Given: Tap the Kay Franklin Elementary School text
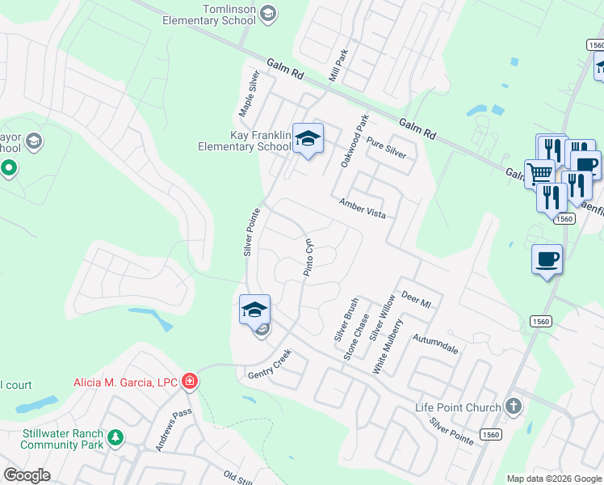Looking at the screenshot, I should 244,141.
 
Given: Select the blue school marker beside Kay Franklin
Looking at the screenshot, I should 308,139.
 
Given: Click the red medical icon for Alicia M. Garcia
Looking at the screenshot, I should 190,382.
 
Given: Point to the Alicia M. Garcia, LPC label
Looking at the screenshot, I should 126,382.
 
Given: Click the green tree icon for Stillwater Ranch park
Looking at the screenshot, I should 116,437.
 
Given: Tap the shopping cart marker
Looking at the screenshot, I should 539,172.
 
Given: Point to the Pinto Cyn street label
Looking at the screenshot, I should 308,258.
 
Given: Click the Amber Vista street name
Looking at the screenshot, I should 363,209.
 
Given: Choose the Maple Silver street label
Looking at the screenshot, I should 247,93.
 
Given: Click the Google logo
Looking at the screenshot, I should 27,474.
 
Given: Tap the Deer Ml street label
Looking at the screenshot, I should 417,299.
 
